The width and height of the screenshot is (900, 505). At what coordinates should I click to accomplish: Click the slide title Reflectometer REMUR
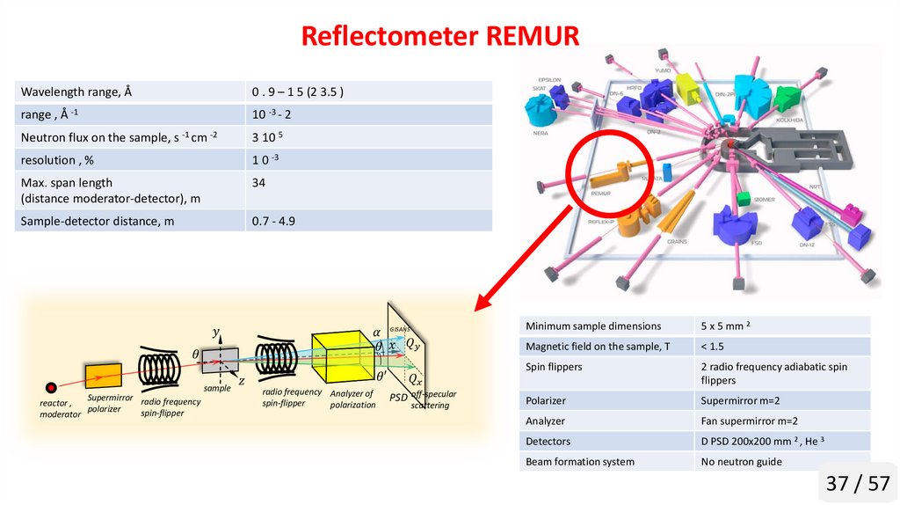click(x=440, y=36)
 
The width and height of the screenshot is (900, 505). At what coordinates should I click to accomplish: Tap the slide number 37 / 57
click(x=858, y=483)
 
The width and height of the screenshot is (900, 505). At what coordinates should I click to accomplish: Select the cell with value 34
click(x=258, y=182)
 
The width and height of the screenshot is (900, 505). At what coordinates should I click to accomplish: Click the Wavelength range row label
click(x=76, y=91)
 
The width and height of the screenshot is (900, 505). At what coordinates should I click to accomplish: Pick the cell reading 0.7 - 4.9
click(x=273, y=221)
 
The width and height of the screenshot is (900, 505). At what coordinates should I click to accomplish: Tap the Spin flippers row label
click(x=554, y=367)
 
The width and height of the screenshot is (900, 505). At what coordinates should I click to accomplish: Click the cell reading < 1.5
click(x=713, y=347)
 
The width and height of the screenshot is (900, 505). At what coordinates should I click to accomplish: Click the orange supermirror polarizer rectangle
click(x=104, y=376)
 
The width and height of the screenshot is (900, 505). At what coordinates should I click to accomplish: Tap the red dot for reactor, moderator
click(x=51, y=387)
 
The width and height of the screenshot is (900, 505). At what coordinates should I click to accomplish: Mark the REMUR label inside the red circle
click(x=601, y=193)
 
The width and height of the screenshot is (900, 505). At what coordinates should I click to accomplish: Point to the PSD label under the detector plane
click(x=398, y=399)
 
